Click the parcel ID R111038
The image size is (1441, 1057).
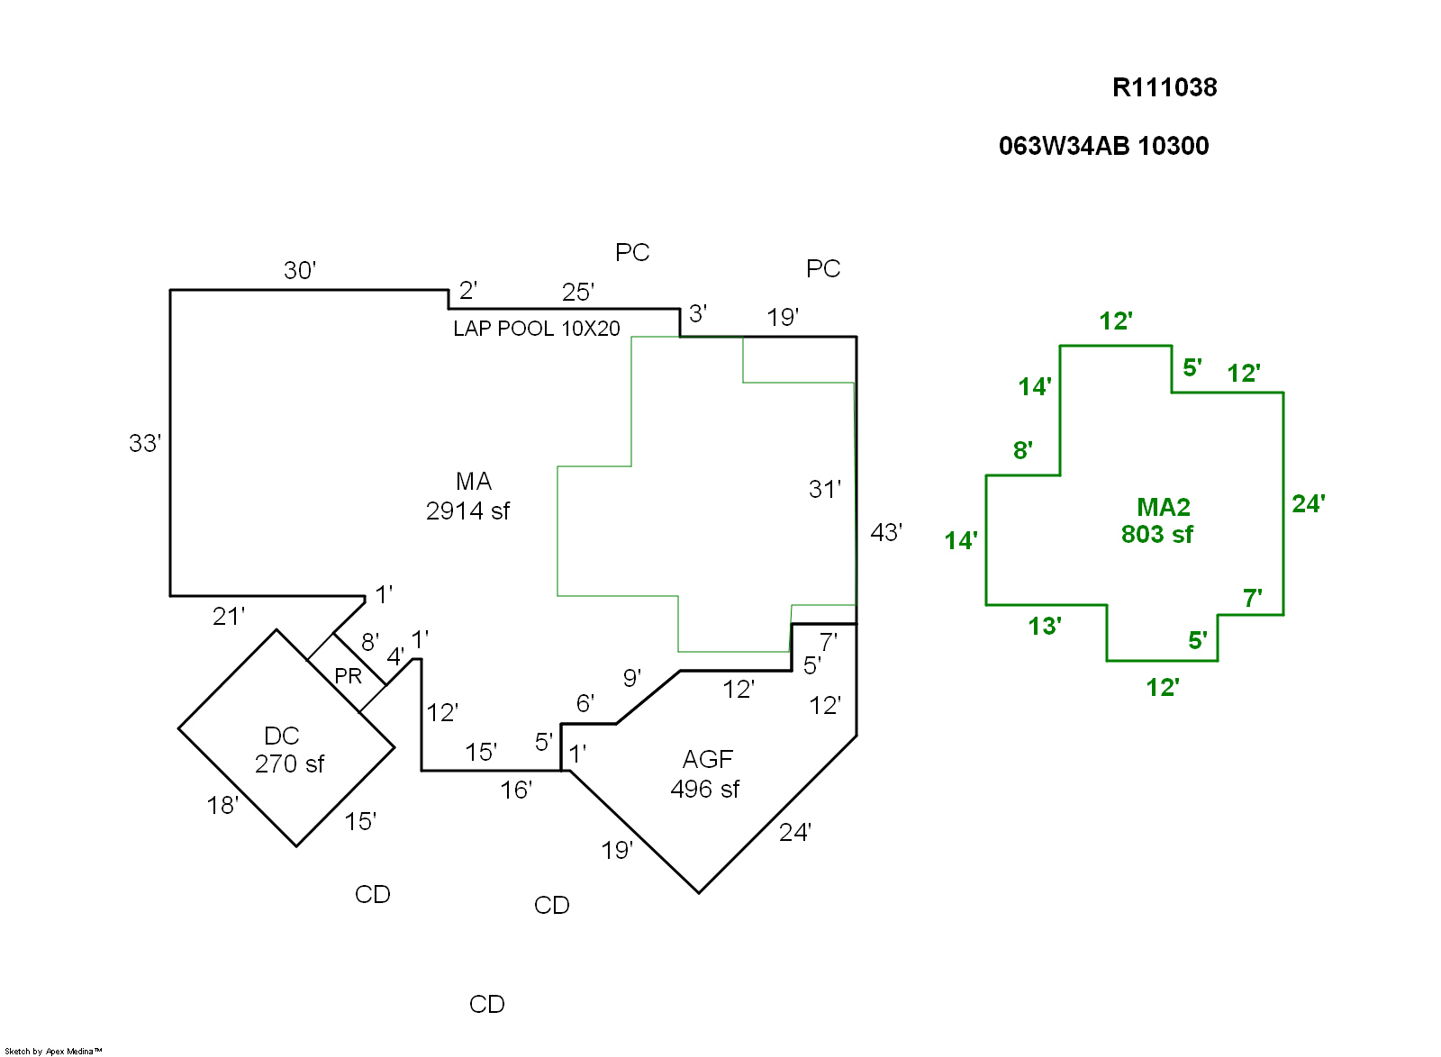tap(1165, 87)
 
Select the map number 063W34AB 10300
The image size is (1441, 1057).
tap(1103, 146)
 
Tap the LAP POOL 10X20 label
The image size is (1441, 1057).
tap(537, 329)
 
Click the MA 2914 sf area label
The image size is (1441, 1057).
tap(469, 496)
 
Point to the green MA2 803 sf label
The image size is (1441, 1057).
tap(1159, 520)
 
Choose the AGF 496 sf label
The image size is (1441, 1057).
tap(706, 774)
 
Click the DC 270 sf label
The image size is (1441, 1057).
tap(288, 750)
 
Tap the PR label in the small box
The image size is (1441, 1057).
tap(348, 676)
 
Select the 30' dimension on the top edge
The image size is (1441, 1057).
tap(300, 270)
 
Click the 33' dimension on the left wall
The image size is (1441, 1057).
tap(145, 443)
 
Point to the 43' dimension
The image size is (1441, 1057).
tap(886, 533)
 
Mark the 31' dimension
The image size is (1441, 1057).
tap(825, 489)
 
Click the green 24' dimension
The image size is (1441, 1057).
tap(1309, 503)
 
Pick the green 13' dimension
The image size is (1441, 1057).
tap(1045, 626)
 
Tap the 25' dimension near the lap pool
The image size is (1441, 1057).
tap(578, 292)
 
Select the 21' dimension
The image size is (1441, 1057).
tap(229, 617)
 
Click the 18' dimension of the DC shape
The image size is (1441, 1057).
tap(222, 805)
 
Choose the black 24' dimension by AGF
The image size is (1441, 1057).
tap(795, 832)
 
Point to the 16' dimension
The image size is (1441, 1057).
tap(516, 790)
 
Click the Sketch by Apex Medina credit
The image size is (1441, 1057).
tap(53, 1051)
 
